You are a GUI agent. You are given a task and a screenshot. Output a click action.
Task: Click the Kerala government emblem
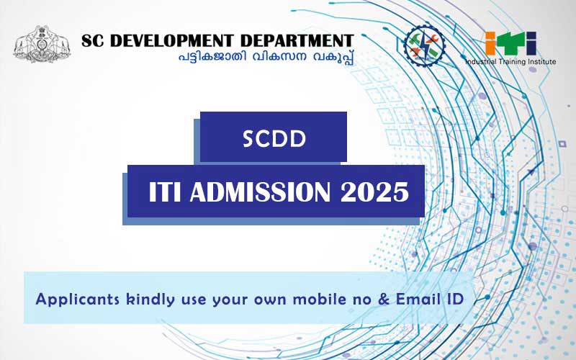point(42,44)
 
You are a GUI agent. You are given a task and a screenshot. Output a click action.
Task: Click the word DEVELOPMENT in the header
point(172,41)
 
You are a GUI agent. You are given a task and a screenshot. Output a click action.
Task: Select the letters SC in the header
point(93,41)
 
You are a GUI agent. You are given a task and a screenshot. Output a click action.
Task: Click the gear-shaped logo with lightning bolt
point(424,45)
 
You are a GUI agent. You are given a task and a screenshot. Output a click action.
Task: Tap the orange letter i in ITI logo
point(491,43)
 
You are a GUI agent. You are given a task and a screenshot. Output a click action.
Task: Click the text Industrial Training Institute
point(510,62)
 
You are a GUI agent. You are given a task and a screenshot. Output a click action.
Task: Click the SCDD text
point(274,139)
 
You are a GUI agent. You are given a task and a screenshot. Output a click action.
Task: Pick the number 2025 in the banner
point(374,192)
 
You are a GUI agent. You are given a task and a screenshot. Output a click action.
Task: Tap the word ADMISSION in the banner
point(260,192)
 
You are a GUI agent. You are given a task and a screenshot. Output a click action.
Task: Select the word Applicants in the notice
point(78,300)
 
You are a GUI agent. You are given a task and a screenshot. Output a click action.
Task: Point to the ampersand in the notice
point(384,299)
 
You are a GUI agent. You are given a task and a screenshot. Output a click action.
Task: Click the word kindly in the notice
point(150,300)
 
